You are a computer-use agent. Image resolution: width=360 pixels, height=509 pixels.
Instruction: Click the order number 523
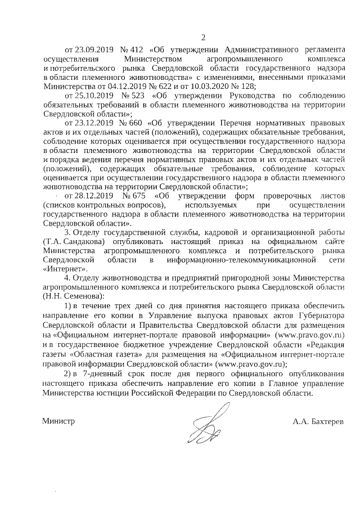coord(136,95)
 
